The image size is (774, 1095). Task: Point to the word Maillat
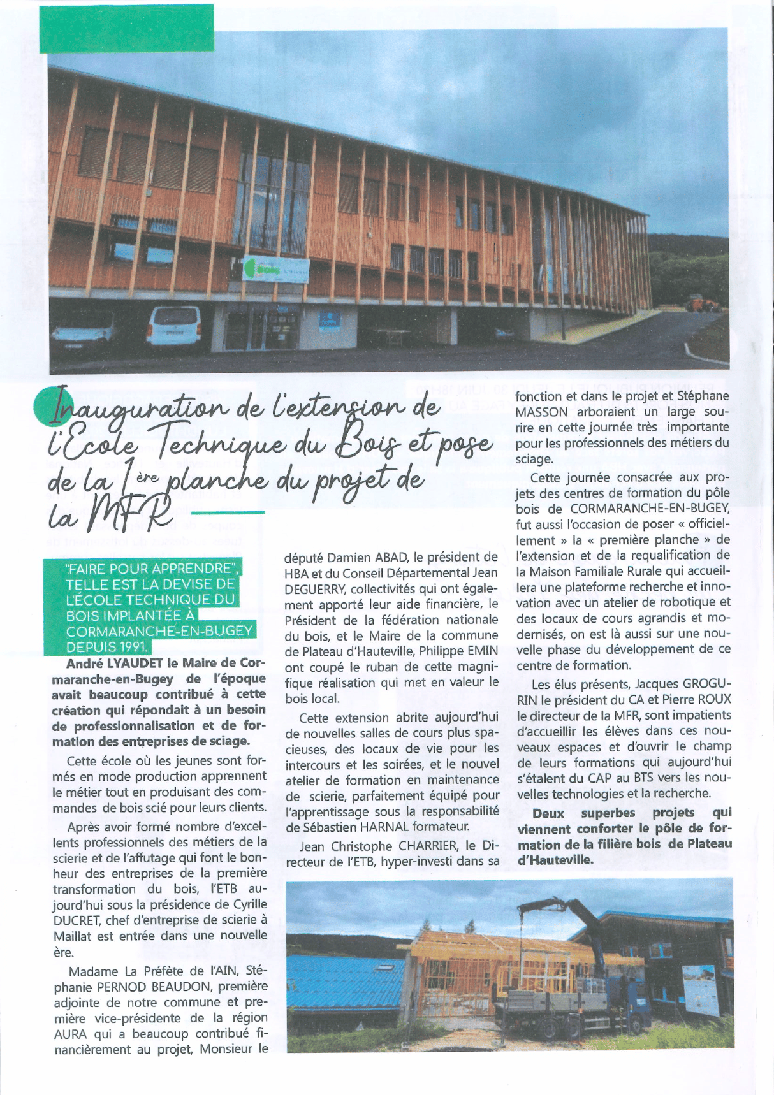click(x=76, y=936)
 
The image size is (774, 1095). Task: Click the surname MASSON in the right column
click(x=541, y=412)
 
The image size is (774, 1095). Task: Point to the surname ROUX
click(x=713, y=700)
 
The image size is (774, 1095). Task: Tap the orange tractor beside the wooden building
click(x=703, y=303)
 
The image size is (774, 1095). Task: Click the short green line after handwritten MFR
click(x=227, y=512)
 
